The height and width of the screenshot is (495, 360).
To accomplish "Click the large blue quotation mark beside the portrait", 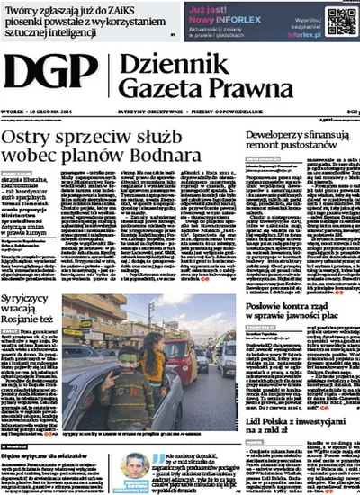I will (166, 458).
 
